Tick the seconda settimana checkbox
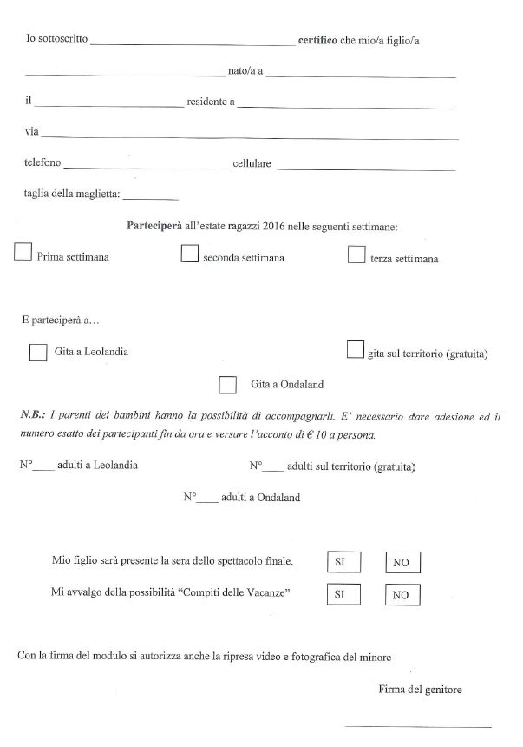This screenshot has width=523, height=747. click(189, 253)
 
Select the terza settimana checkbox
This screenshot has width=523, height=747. click(355, 254)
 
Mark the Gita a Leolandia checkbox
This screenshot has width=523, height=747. click(38, 352)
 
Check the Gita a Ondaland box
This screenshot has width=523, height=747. click(228, 383)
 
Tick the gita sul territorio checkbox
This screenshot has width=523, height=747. click(354, 348)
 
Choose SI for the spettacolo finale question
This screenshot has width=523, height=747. click(341, 562)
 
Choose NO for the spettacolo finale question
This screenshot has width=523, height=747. click(402, 563)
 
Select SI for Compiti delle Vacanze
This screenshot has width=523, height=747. click(341, 594)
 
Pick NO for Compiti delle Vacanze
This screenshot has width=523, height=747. click(401, 595)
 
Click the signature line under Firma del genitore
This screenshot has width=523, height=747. click(418, 726)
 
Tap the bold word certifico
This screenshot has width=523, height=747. click(317, 40)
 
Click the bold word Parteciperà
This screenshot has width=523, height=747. click(154, 226)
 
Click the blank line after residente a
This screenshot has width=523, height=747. click(346, 107)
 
